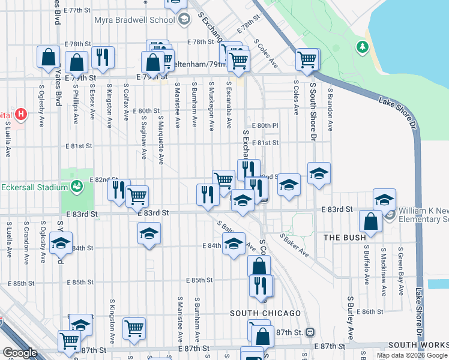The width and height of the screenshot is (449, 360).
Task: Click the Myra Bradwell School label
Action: coord(134,20)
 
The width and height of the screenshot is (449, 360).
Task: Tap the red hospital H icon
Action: coord(21,113)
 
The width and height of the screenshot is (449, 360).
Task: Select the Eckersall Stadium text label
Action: coord(32,187)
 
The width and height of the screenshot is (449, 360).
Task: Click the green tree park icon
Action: coord(362,46)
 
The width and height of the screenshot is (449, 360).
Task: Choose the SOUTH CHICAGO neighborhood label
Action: coord(265,313)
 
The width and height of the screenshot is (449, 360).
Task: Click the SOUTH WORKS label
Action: coord(418,345)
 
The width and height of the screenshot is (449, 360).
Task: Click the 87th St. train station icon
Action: coord(310,332)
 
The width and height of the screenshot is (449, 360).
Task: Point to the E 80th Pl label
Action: coord(267,125)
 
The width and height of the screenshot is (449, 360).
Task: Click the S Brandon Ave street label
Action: coord(330,110)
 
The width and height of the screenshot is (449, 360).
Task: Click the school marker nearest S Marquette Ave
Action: coord(149,233)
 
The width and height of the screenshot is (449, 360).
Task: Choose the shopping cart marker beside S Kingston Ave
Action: coord(134,328)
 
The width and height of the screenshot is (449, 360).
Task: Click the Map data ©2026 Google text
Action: coord(412,355)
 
